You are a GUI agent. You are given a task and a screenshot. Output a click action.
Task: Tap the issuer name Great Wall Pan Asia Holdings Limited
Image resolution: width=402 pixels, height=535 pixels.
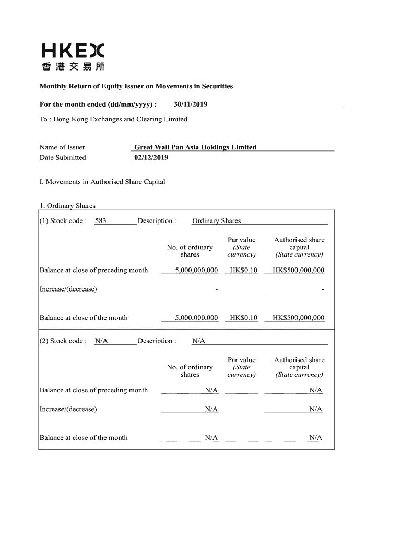click(195, 147)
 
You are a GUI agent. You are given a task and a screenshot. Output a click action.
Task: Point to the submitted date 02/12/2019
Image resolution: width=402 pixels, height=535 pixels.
click(151, 157)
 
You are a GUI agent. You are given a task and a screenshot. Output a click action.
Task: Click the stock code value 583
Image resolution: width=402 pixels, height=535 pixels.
click(100, 221)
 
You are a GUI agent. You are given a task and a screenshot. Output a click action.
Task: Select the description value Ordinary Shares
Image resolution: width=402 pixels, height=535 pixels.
click(217, 221)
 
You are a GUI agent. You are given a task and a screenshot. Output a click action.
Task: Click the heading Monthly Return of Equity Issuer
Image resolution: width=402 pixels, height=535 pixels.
click(136, 86)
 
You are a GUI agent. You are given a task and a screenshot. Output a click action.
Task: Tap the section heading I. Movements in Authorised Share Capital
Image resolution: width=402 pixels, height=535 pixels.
click(102, 182)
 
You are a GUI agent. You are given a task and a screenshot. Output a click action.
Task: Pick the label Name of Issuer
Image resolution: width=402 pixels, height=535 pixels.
click(62, 147)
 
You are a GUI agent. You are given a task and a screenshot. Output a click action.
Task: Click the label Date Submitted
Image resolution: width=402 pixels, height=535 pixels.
click(63, 157)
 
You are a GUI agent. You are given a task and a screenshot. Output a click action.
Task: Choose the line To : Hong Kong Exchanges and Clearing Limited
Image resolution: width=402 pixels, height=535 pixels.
click(113, 119)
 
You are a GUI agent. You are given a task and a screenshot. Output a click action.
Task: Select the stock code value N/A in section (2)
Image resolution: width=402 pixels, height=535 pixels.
click(101, 341)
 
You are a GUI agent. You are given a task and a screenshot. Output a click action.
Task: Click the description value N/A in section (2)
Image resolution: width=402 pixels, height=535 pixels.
click(198, 341)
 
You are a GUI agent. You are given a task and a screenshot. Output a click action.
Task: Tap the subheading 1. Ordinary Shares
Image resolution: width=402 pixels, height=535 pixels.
click(67, 206)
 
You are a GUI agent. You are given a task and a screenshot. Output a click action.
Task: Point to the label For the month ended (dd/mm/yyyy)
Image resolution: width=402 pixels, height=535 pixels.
click(98, 104)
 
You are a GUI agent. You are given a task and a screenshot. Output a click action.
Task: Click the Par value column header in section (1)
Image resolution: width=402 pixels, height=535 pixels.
click(242, 247)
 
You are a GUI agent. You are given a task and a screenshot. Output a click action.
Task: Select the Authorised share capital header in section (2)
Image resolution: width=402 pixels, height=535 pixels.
click(299, 367)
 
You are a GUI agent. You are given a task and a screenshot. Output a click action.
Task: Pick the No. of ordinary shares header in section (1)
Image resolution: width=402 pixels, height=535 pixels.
click(190, 251)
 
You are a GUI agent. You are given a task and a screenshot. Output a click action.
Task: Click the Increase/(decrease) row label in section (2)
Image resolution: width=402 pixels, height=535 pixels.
click(68, 409)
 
